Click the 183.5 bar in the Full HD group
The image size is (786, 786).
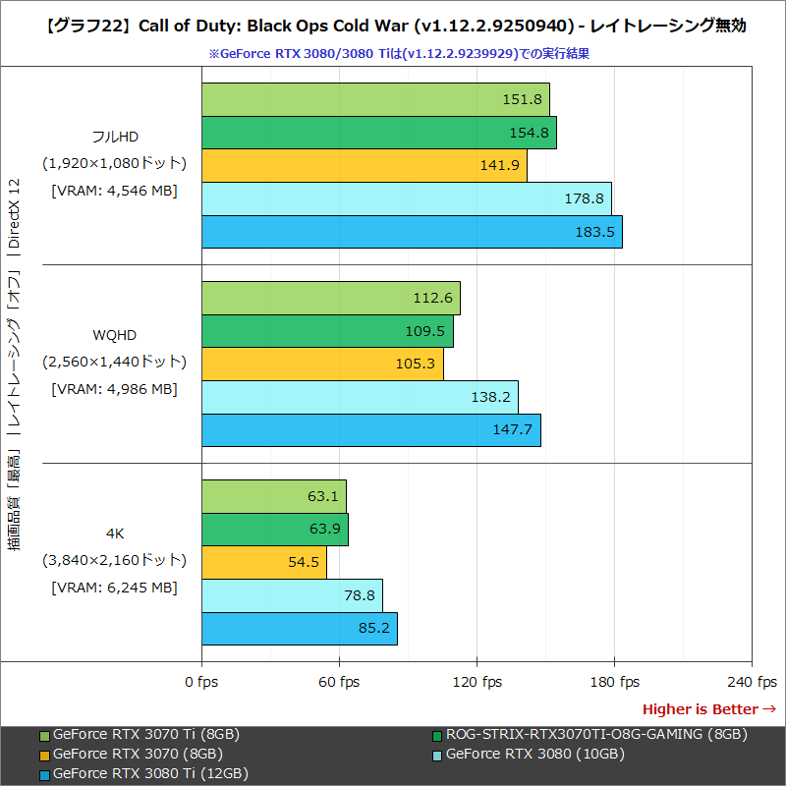click(x=412, y=232)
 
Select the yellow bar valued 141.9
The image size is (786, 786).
click(x=364, y=165)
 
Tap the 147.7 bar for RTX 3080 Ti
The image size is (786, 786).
click(x=370, y=430)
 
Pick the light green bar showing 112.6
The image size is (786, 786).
click(x=330, y=298)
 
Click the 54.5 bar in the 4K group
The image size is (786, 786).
click(x=263, y=563)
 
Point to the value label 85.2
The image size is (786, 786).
click(x=373, y=629)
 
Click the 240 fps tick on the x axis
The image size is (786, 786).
click(x=752, y=682)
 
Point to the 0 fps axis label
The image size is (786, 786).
click(x=201, y=682)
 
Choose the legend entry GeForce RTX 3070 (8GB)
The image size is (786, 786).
click(x=138, y=754)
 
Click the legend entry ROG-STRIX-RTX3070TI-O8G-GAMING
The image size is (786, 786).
click(x=595, y=734)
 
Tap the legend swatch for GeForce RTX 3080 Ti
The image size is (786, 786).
click(x=44, y=774)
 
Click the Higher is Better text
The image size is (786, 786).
click(x=701, y=708)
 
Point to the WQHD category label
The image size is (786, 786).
click(x=114, y=336)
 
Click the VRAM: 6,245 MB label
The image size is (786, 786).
click(x=114, y=587)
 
